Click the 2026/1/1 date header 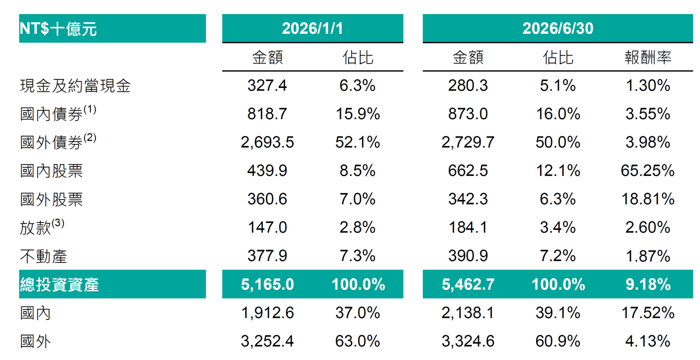[312, 28]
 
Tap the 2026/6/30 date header [558, 28]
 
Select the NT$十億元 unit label [58, 29]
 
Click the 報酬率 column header [648, 57]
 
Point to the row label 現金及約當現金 [75, 85]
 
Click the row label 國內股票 [51, 171]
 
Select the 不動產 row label [43, 256]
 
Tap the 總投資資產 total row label [59, 284]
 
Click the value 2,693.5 [267, 142]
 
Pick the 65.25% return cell [648, 171]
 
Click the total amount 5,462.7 [468, 284]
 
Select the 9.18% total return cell [648, 284]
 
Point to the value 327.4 [267, 85]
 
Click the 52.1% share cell [358, 142]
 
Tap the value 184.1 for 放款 [468, 227]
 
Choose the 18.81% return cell [648, 199]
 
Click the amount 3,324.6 [468, 341]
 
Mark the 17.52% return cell [648, 313]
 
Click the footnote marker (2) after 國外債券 [90, 137]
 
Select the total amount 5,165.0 [267, 284]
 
